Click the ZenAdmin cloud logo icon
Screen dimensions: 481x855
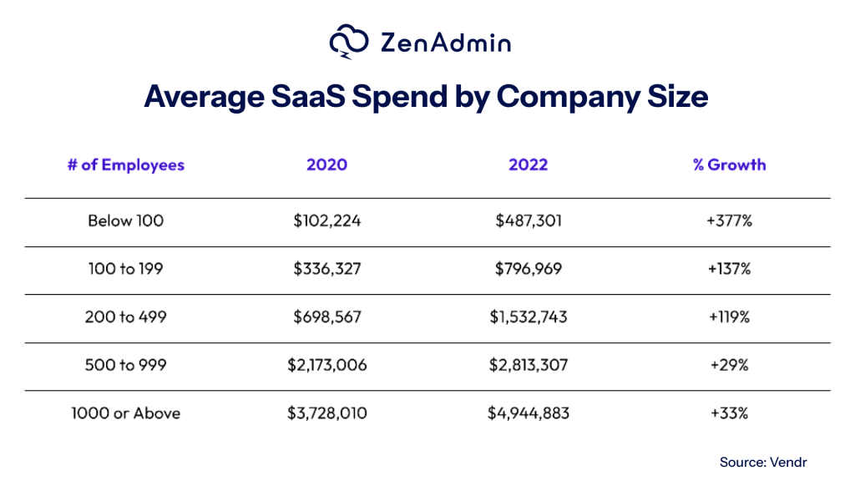coord(350,43)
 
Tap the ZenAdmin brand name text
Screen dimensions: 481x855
coord(444,43)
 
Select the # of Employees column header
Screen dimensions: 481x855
coord(126,165)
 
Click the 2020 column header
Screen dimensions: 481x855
coord(326,165)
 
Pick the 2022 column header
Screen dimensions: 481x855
coord(528,165)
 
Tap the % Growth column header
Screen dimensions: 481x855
coord(729,165)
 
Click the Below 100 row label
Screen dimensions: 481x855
coord(126,221)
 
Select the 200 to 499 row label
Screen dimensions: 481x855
coord(126,317)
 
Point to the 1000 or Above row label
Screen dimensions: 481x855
coord(126,413)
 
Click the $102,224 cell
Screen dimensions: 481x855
coord(326,221)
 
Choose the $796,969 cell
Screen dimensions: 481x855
coord(528,270)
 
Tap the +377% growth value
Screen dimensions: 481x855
coord(729,221)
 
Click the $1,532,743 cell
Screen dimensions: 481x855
coord(528,317)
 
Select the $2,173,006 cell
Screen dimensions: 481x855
coord(326,366)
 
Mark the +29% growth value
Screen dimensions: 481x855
coord(729,366)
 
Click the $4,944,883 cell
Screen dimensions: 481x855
coord(528,413)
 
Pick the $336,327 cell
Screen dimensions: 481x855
coord(326,270)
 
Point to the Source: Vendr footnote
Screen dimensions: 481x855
coord(763,462)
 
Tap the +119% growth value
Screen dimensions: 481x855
coord(729,317)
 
